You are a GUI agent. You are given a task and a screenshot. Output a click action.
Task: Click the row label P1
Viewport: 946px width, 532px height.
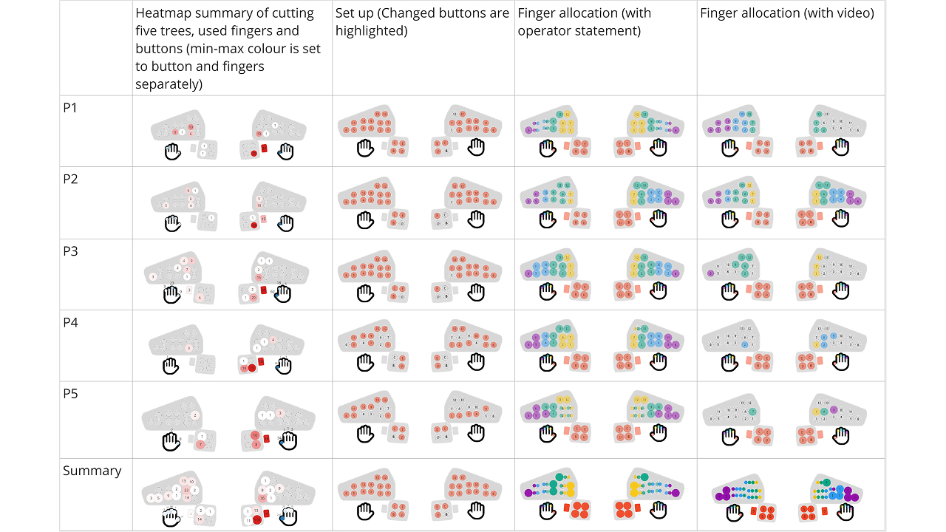tap(70, 108)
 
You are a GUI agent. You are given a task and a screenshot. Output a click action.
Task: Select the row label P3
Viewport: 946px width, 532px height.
tap(70, 251)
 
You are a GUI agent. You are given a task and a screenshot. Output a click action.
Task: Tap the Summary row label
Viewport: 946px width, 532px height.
tap(92, 471)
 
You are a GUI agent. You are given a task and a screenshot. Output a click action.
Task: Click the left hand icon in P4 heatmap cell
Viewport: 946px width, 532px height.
tap(172, 364)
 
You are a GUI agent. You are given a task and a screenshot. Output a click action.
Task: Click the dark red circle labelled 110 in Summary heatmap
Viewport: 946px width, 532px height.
tap(256, 520)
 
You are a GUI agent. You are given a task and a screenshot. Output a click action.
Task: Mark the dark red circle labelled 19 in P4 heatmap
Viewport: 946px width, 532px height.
tap(252, 367)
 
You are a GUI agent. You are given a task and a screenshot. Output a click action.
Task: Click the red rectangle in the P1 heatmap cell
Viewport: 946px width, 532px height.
tap(264, 149)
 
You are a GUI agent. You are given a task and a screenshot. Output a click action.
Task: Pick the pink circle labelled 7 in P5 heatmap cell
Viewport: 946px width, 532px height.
tap(200, 444)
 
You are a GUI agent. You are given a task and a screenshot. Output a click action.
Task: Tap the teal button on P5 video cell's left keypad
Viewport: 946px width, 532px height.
tap(752, 412)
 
